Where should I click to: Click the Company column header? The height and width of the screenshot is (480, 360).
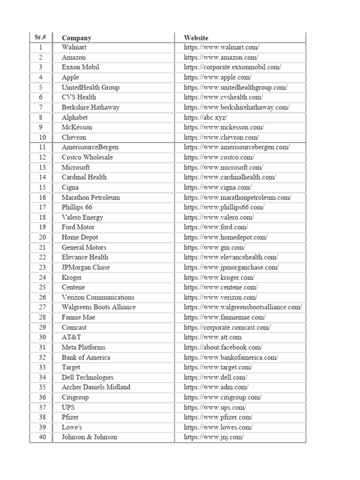(x=76, y=38)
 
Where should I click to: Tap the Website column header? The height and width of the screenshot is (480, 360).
(x=196, y=38)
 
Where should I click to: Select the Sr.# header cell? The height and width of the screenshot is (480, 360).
(x=40, y=37)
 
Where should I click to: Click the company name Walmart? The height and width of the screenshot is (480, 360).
(x=74, y=47)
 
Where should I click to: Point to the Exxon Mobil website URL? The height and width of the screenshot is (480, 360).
(x=232, y=67)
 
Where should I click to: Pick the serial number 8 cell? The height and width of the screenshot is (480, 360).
(x=41, y=117)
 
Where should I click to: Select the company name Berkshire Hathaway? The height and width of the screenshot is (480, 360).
(x=90, y=107)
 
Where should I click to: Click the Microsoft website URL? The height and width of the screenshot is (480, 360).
(x=224, y=167)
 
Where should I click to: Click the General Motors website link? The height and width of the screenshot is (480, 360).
(x=215, y=247)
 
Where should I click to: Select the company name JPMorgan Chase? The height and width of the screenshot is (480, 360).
(x=86, y=267)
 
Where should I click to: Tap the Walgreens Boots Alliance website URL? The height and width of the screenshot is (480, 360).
(x=243, y=307)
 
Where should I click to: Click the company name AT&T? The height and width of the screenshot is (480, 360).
(x=71, y=337)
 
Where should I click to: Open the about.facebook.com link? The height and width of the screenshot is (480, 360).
(x=223, y=347)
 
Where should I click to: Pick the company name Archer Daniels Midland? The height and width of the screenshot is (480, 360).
(x=96, y=387)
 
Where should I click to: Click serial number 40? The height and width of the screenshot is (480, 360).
(x=42, y=437)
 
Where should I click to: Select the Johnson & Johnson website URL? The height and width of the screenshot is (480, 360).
(x=214, y=437)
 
